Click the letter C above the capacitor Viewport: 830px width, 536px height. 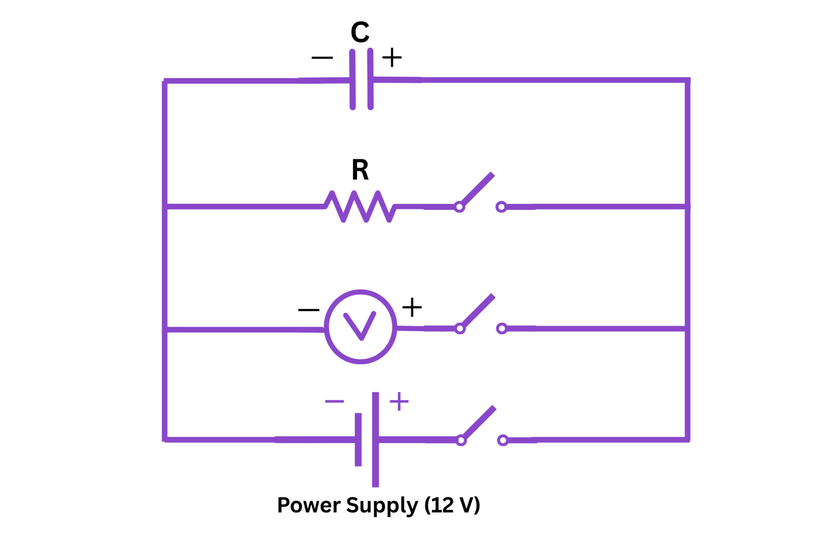coord(360,32)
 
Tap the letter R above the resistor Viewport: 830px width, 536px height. coord(360,170)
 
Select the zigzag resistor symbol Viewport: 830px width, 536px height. coord(360,206)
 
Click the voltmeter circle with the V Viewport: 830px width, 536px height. coord(361,326)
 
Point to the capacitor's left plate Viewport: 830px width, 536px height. coord(352,79)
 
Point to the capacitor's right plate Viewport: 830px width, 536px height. coord(370,79)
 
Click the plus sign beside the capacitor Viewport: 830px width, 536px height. coord(392,58)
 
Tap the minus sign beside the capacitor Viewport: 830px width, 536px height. coord(322,58)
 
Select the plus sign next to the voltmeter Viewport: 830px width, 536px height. coord(412,307)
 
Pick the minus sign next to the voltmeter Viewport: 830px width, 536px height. coord(309,310)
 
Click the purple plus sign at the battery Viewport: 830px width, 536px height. coord(399,401)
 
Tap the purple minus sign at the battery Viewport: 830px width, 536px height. coord(334,401)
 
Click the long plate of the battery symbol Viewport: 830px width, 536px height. coord(375,439)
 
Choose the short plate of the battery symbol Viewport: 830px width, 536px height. coord(358,439)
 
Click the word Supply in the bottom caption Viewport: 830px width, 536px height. coord(382,506)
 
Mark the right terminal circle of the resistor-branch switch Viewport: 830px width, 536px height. coord(501,207)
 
